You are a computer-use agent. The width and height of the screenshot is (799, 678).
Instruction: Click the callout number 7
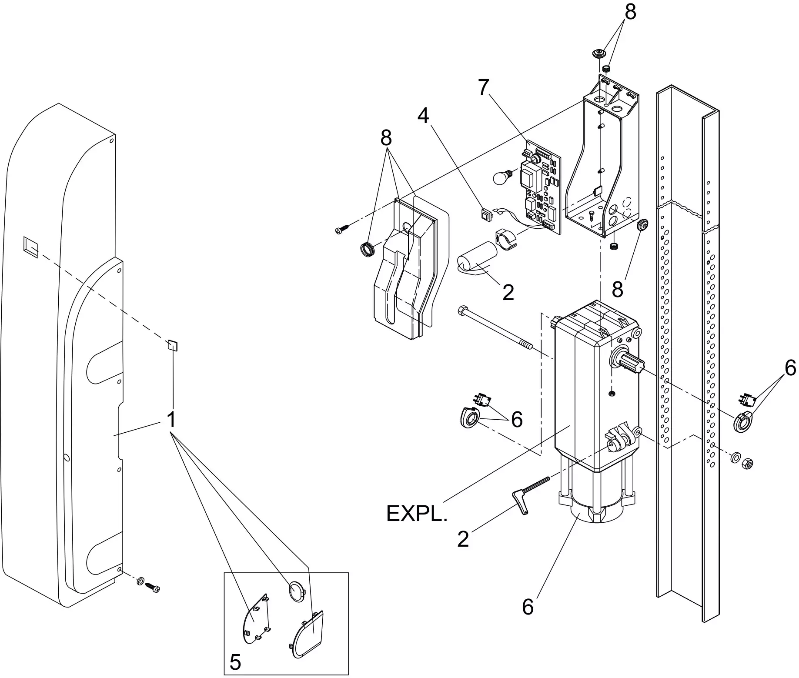[484, 87]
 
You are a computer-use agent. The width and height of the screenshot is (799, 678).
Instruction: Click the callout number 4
[423, 116]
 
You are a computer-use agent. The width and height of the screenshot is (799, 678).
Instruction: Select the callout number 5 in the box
[235, 662]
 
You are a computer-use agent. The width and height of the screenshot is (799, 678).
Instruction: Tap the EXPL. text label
[416, 514]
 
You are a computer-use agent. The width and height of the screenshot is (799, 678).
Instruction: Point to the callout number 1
[171, 420]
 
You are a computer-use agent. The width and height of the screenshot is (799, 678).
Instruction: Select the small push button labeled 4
[485, 214]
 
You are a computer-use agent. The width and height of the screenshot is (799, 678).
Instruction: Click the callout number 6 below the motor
[528, 607]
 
